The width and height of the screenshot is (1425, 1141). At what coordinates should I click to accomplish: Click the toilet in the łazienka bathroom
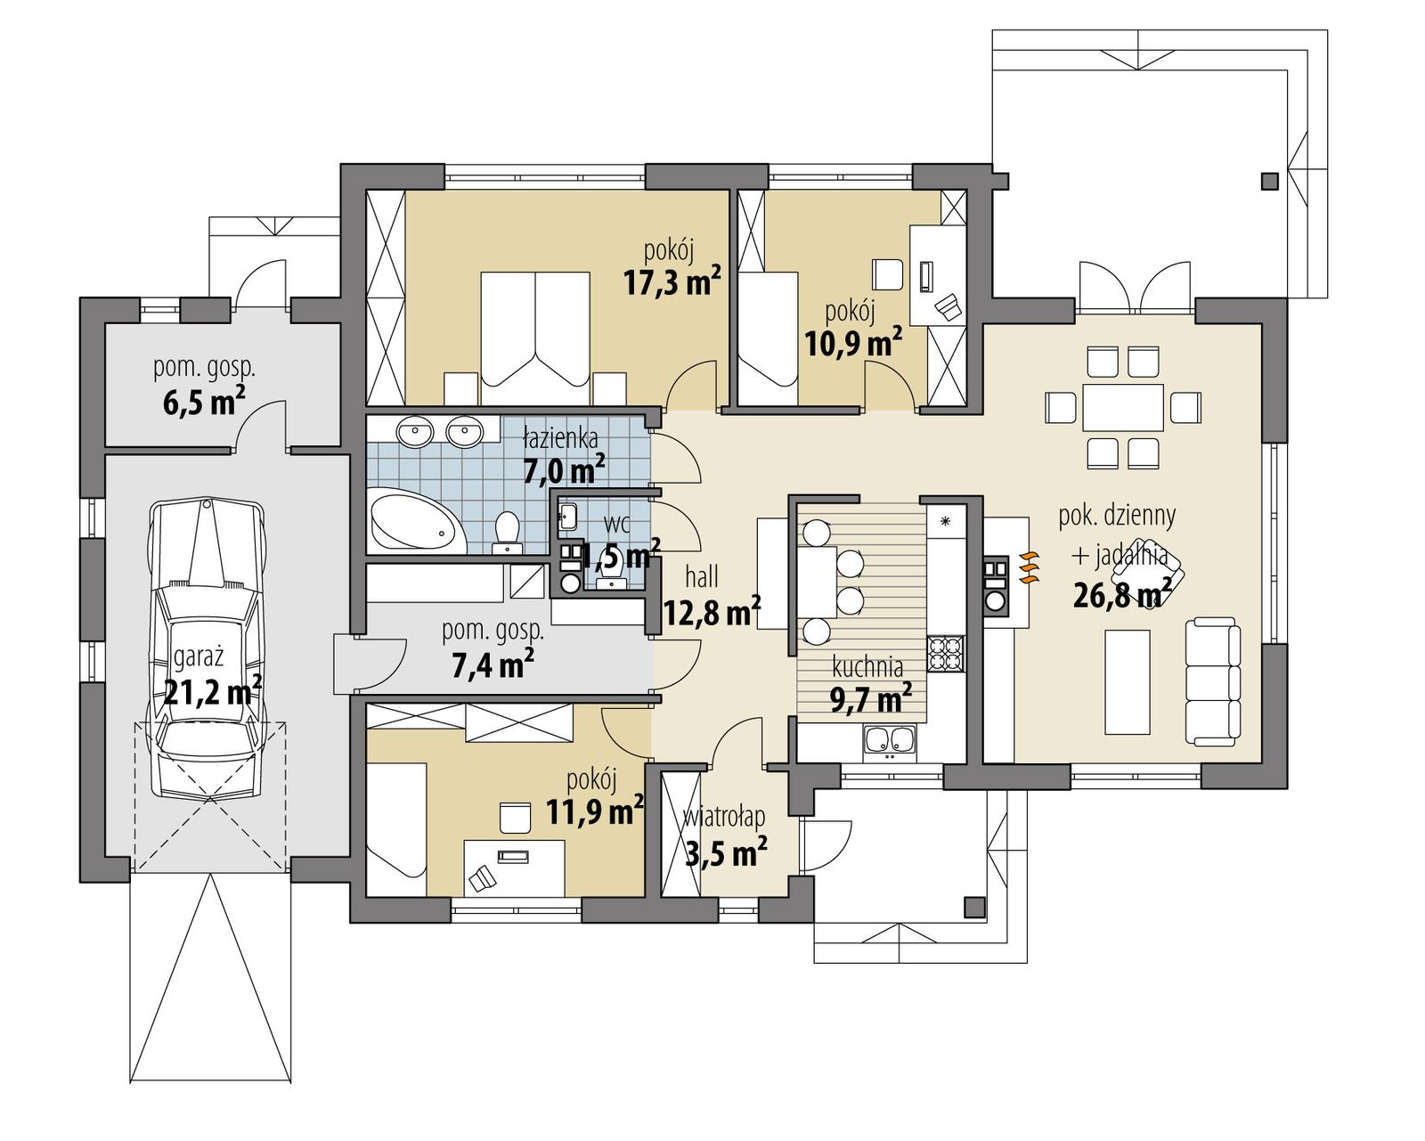coord(507,530)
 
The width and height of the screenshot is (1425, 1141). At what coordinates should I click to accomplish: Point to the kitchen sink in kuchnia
coord(888,741)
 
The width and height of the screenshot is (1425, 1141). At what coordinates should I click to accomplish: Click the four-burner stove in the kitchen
coord(945,653)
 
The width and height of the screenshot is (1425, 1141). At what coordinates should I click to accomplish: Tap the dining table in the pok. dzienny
coord(1123,408)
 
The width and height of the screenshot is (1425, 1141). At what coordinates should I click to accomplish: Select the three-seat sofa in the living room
coord(1212,681)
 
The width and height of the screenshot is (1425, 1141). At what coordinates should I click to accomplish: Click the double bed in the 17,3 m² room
coord(535,330)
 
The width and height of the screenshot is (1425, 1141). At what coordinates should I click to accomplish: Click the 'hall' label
coord(702,578)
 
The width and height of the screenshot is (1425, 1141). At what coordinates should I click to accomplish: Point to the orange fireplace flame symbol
coord(1028,566)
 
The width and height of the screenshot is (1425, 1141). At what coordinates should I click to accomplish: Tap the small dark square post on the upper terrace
coord(1269,182)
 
